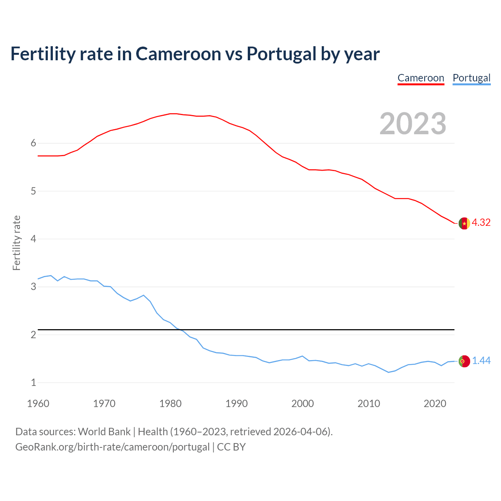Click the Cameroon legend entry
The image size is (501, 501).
pyautogui.click(x=421, y=78)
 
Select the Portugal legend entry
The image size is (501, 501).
pyautogui.click(x=471, y=78)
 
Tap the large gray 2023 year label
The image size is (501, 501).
pyautogui.click(x=413, y=124)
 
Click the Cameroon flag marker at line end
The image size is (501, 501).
pyautogui.click(x=464, y=223)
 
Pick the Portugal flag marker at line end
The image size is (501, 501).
pyautogui.click(x=464, y=361)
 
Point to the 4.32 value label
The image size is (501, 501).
pyautogui.click(x=481, y=222)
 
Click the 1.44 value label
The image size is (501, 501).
pyautogui.click(x=481, y=360)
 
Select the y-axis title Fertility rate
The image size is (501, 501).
pyautogui.click(x=16, y=243)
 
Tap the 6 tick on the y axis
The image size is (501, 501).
pyautogui.click(x=33, y=143)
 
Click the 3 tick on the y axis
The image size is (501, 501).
pyautogui.click(x=33, y=287)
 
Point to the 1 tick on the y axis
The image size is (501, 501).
pyautogui.click(x=33, y=382)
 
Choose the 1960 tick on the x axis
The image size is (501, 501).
pyautogui.click(x=38, y=404)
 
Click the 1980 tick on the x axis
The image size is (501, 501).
pyautogui.click(x=170, y=404)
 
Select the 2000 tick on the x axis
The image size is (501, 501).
pyautogui.click(x=303, y=404)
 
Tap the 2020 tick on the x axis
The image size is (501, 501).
pyautogui.click(x=435, y=404)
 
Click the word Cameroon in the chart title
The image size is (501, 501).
pyautogui.click(x=178, y=54)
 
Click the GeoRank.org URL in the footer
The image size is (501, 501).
pyautogui.click(x=112, y=447)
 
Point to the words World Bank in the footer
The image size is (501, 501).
pyautogui.click(x=104, y=432)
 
